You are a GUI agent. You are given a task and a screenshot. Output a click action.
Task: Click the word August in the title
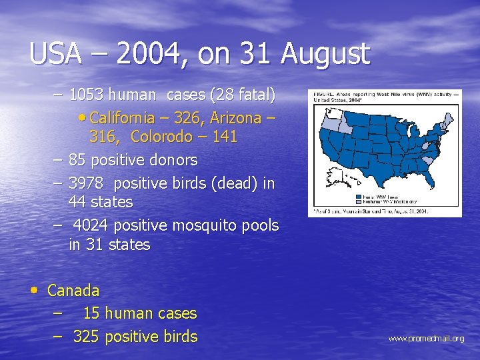325,54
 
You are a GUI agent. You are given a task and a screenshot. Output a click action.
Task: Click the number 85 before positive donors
77,160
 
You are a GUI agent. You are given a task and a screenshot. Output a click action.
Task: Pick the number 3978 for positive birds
86,183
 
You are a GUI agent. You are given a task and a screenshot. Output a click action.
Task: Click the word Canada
73,291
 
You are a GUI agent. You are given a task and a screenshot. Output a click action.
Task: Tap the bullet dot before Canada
34,290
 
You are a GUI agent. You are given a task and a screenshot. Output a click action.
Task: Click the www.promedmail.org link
426,339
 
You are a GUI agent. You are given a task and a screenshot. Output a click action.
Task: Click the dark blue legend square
359,197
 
